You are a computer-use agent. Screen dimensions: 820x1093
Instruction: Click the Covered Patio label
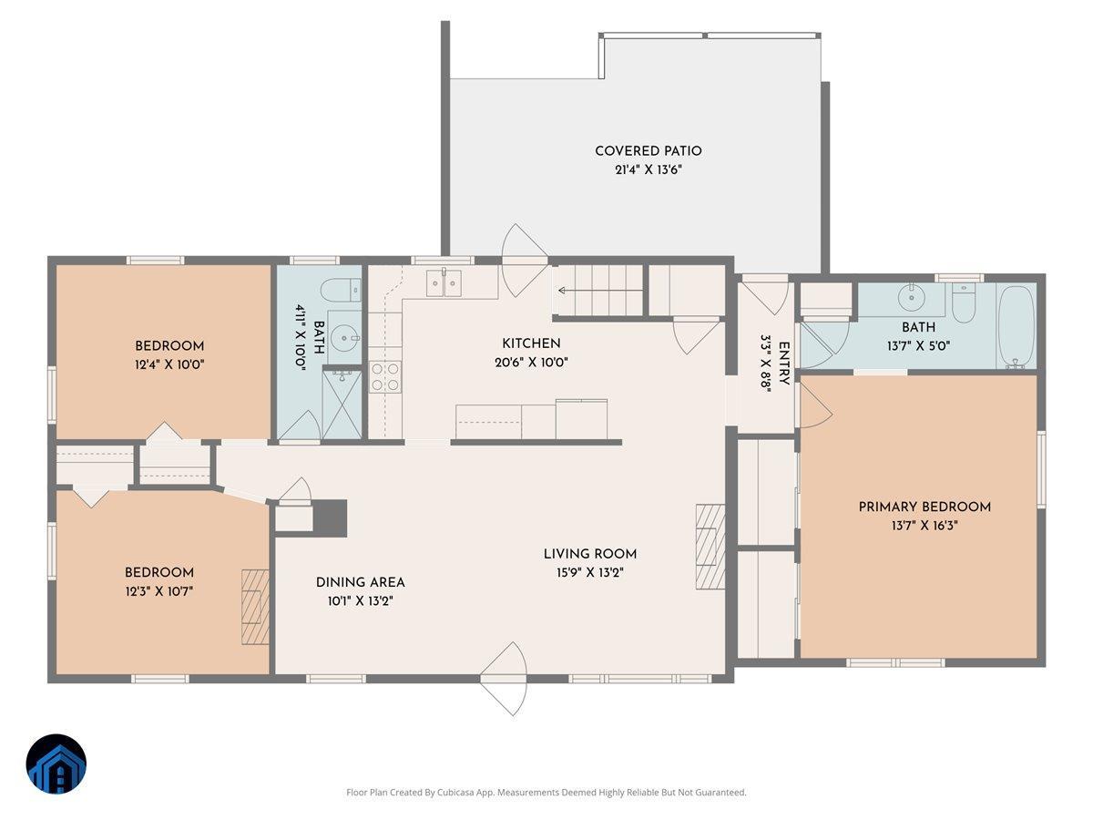(648, 151)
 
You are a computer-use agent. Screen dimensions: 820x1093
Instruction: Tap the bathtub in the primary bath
(1016, 326)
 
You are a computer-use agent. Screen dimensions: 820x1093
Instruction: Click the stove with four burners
(384, 375)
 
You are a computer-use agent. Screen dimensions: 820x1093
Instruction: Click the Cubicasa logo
(56, 764)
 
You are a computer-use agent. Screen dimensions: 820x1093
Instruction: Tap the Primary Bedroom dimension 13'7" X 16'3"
(924, 526)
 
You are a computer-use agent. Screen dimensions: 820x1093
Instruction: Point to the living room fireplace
(710, 547)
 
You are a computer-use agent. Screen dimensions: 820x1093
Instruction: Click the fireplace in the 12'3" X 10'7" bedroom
(255, 607)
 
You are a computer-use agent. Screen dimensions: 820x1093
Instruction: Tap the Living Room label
(589, 554)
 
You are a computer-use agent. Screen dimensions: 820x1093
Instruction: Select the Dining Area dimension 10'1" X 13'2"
(360, 601)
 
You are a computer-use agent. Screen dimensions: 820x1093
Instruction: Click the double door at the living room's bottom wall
(504, 678)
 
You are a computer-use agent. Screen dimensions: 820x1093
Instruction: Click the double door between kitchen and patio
(524, 261)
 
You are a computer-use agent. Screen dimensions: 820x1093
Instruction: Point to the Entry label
(783, 363)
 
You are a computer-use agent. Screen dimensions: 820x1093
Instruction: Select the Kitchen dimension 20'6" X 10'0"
(531, 362)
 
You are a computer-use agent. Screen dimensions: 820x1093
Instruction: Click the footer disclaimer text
(546, 793)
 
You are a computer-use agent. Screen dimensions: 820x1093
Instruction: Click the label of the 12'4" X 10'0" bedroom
(169, 346)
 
